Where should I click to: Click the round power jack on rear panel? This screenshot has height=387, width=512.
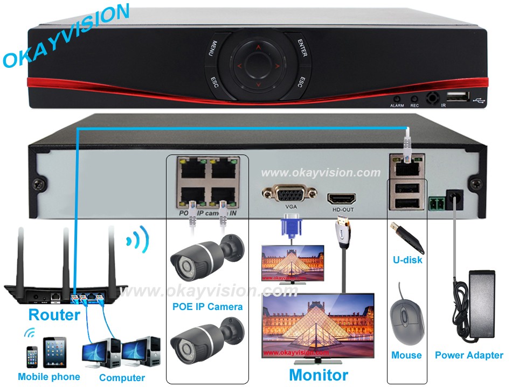tap(456, 198)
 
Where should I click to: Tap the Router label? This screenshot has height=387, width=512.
tap(54, 314)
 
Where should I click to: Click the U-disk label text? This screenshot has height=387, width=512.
tap(407, 260)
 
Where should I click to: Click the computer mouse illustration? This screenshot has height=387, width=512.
tap(405, 322)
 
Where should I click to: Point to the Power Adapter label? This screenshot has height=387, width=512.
tap(469, 355)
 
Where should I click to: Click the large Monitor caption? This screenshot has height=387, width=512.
tap(319, 375)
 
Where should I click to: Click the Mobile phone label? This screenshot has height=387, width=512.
tap(49, 377)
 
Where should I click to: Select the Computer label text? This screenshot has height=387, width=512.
tap(122, 378)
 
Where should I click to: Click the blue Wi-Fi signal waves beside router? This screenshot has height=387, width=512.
tap(137, 241)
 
